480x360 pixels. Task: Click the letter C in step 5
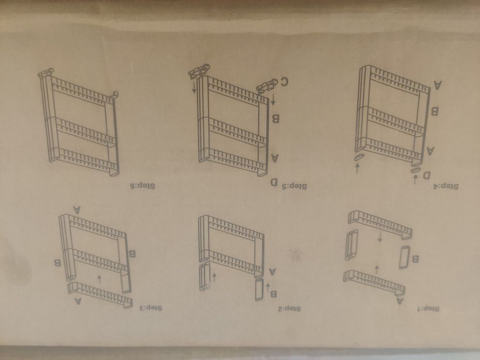284,81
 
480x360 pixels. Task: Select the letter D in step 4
426,176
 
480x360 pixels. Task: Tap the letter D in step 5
275,182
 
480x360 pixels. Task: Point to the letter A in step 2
273,271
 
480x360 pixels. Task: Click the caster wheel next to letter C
266,84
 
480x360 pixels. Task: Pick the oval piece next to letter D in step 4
416,168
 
